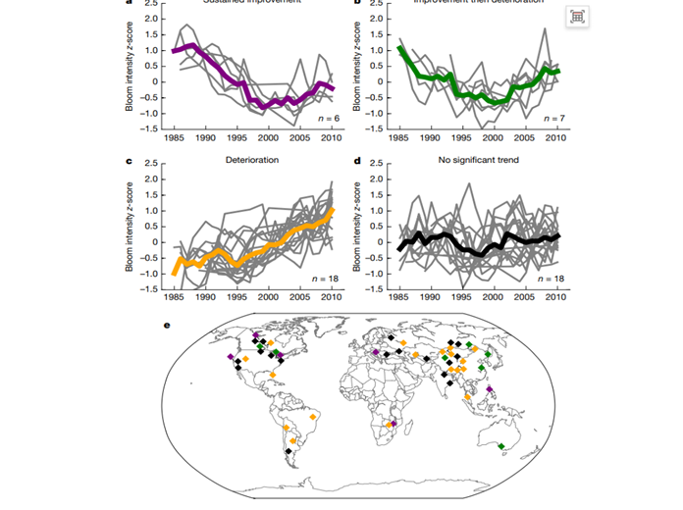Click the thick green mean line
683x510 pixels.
(x=461, y=95)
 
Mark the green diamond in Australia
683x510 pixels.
(x=501, y=447)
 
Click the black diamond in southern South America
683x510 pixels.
(x=289, y=452)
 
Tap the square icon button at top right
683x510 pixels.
(x=578, y=17)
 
